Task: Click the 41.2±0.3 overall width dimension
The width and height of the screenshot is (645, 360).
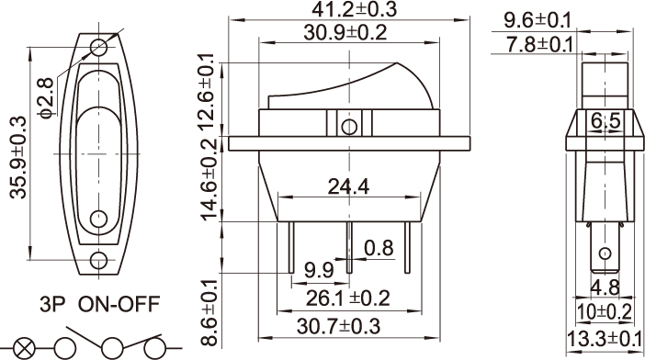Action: pyautogui.click(x=354, y=9)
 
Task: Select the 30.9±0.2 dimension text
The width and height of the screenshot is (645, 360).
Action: pyautogui.click(x=345, y=32)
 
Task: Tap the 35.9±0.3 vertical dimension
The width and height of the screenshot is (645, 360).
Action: pyautogui.click(x=18, y=157)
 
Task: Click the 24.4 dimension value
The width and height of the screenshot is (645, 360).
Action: pyautogui.click(x=348, y=186)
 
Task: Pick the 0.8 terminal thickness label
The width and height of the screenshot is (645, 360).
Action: pyautogui.click(x=379, y=248)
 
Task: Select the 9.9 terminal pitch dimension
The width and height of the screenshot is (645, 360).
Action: pyautogui.click(x=319, y=270)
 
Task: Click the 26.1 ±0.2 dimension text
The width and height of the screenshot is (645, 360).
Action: pyautogui.click(x=347, y=298)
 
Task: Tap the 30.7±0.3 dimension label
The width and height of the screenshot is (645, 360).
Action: pyautogui.click(x=338, y=326)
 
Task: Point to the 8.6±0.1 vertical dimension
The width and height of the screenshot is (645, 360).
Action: pyautogui.click(x=209, y=312)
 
